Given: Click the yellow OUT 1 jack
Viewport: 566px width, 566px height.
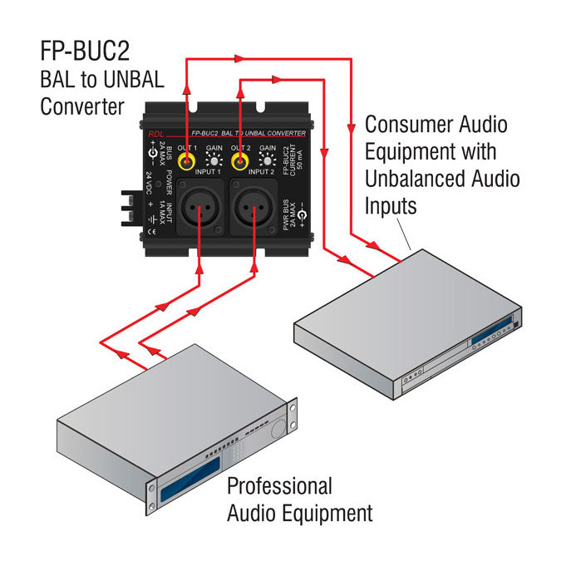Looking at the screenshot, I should coord(189,161).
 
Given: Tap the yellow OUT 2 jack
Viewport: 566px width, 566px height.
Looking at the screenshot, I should coord(242,161).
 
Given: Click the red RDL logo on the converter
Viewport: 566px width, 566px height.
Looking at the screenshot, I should coord(157,135).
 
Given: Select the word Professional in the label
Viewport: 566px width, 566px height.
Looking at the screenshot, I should coord(279,486).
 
